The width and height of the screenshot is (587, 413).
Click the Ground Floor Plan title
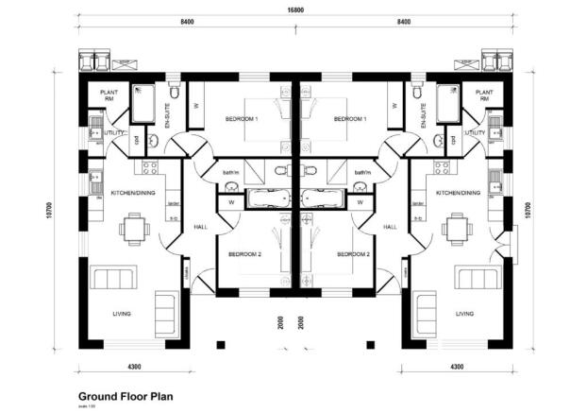(125, 398)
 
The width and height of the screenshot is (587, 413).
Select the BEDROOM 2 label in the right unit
(353, 254)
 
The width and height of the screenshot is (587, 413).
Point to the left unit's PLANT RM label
(108, 95)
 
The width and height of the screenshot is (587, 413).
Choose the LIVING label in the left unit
(120, 314)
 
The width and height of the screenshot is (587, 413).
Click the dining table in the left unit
(134, 228)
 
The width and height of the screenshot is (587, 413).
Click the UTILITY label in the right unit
(476, 133)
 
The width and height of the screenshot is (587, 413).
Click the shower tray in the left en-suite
(144, 104)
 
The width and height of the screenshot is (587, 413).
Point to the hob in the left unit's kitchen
(149, 167)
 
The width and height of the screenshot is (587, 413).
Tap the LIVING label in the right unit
(464, 314)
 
